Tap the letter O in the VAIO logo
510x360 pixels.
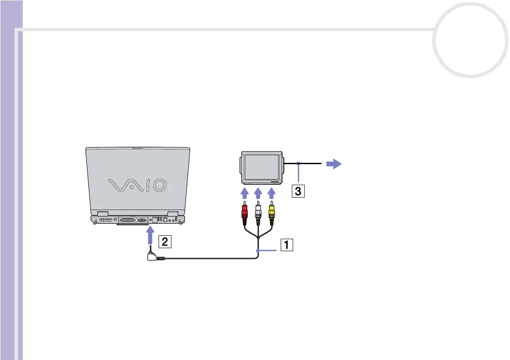click(158, 185)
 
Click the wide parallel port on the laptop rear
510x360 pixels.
click(127, 220)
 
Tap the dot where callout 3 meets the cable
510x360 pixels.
click(298, 163)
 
